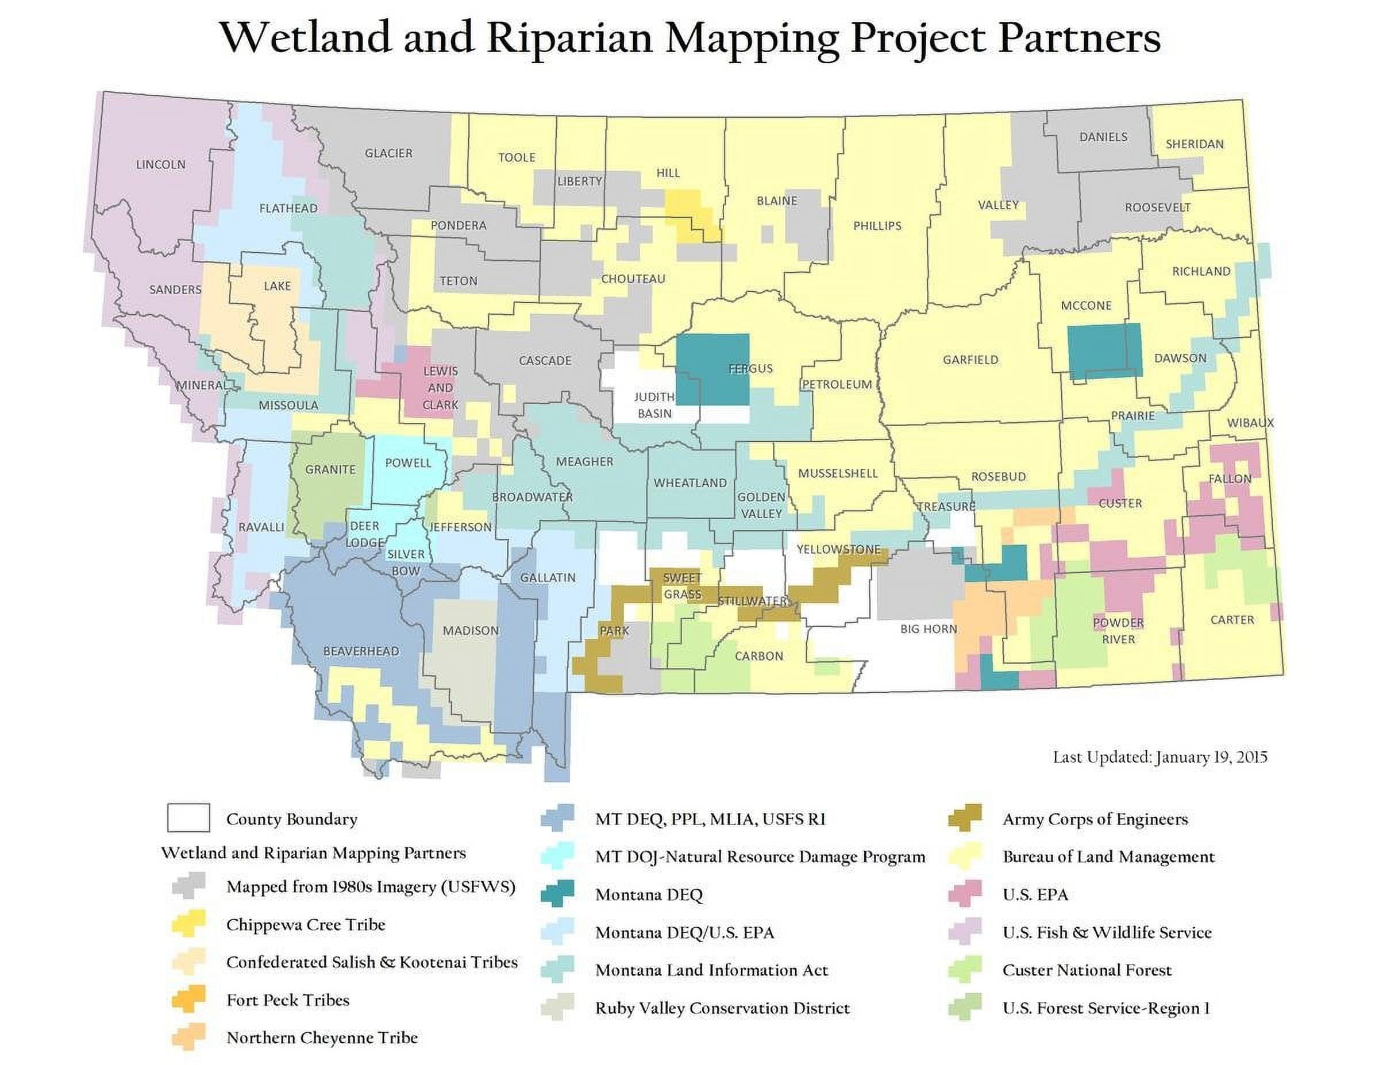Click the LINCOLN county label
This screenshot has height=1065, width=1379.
pos(160,165)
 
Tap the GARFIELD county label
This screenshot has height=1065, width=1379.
pos(970,360)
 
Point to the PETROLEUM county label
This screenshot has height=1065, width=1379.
pos(837,384)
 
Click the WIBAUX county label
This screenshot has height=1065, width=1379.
pos(1250,423)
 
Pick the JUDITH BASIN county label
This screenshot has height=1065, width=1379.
pos(654,404)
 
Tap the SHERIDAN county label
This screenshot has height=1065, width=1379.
pos(1194,144)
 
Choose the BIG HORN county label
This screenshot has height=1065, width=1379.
pos(928,629)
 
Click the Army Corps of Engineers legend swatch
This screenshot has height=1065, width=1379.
pos(964,819)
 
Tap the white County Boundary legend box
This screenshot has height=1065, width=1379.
pos(188,818)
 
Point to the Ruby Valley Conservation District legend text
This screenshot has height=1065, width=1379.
pos(722,1008)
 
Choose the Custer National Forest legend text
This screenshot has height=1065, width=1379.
pos(1087,970)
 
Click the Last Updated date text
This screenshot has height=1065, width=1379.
pos(1160,757)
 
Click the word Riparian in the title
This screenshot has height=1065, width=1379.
pos(568,38)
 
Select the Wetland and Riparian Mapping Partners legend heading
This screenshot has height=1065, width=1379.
pos(313,853)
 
